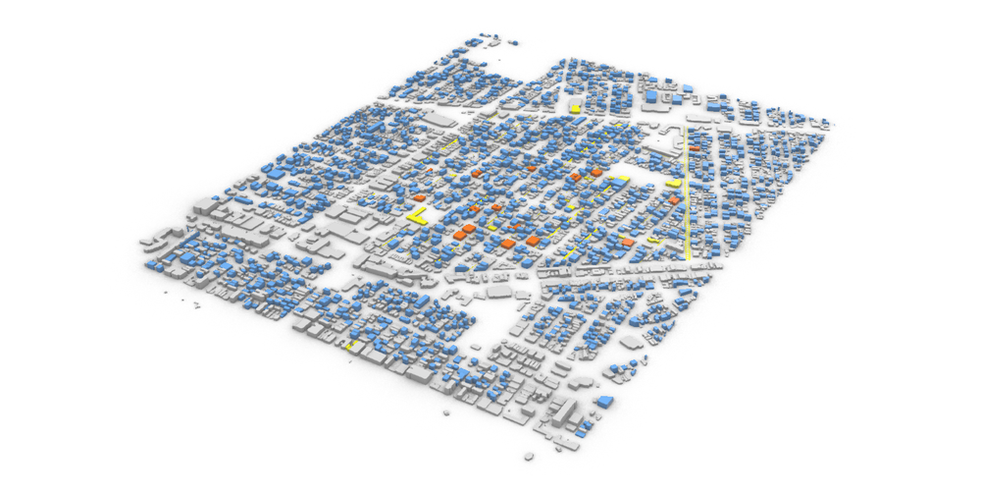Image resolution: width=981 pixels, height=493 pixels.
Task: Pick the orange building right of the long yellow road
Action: pyautogui.click(x=695, y=149)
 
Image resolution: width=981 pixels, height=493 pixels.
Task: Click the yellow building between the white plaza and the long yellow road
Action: pyautogui.click(x=673, y=183)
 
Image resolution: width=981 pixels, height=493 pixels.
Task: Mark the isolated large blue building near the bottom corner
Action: pyautogui.click(x=604, y=401)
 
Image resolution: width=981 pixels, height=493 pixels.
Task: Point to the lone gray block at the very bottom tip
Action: pyautogui.click(x=531, y=457)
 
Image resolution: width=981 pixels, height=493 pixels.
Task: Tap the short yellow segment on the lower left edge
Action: pyautogui.click(x=349, y=347)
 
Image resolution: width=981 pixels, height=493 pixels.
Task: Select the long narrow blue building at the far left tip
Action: pyautogui.click(x=155, y=264)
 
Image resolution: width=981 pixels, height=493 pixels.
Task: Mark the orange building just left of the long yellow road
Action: pyautogui.click(x=676, y=201)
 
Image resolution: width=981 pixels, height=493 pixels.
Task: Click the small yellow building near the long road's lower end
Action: pyautogui.click(x=655, y=239)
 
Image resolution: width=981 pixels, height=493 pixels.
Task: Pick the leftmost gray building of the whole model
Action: pyautogui.click(x=147, y=241)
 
